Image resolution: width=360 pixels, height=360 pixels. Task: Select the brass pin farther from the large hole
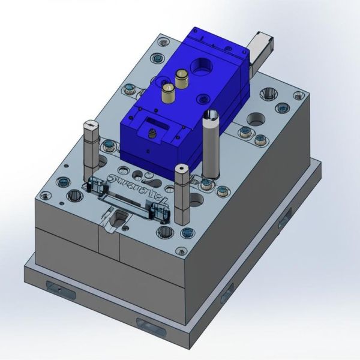[169, 91]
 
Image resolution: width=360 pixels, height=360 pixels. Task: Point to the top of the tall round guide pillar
[210, 115]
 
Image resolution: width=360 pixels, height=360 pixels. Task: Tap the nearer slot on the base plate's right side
[226, 293]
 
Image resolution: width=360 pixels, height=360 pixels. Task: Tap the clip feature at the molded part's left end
[95, 185]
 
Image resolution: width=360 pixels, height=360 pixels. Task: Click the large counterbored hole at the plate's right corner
[268, 94]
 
